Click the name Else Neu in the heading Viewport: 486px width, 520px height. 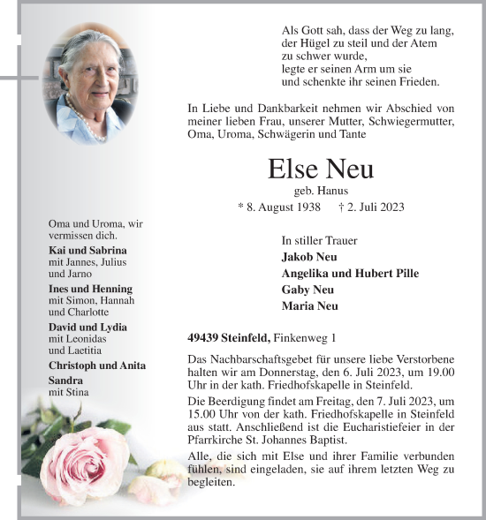click(x=321, y=169)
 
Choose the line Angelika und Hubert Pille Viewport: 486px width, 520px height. click(x=350, y=274)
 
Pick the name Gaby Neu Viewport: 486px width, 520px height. click(x=308, y=290)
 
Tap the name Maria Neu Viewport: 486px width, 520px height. click(x=309, y=306)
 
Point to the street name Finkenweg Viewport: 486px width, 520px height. click(x=301, y=338)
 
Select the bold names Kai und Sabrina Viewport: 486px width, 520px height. click(x=87, y=250)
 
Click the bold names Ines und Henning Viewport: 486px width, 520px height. click(x=90, y=289)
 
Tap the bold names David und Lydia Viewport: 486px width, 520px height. click(x=87, y=328)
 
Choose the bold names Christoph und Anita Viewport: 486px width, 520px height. click(x=97, y=366)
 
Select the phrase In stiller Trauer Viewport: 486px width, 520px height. click(x=319, y=239)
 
